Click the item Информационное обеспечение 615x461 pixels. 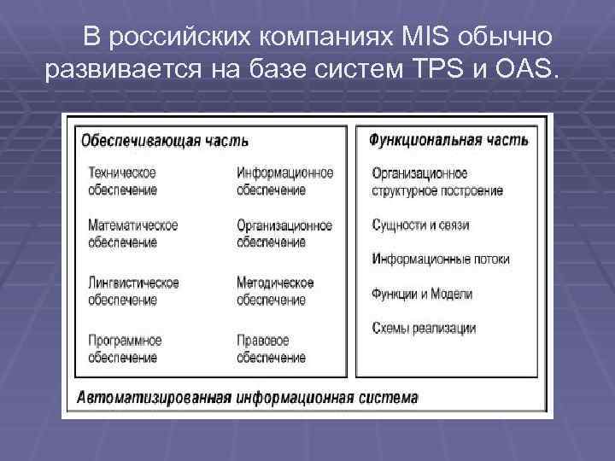click(x=284, y=181)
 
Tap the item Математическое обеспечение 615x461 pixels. click(x=132, y=233)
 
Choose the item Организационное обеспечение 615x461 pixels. click(x=284, y=233)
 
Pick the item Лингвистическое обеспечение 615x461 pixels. click(x=133, y=291)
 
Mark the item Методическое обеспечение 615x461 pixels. click(x=275, y=291)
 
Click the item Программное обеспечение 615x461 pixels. click(x=125, y=348)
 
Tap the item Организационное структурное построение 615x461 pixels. click(x=436, y=181)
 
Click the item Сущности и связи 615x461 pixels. click(x=420, y=225)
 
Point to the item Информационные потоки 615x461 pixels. click(x=441, y=259)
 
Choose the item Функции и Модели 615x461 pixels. click(x=422, y=294)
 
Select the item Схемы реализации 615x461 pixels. click(x=424, y=328)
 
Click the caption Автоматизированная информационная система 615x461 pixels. click(x=248, y=398)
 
